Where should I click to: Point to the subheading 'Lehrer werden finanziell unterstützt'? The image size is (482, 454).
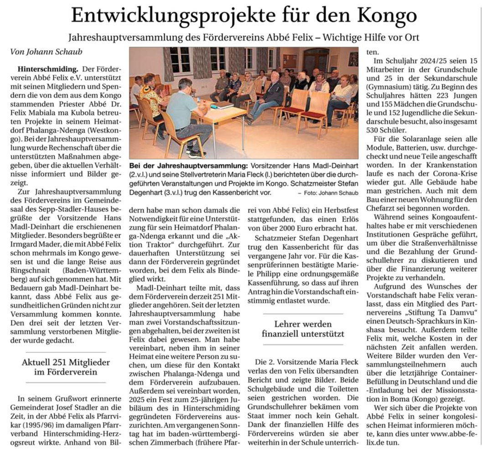point(303,329)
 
